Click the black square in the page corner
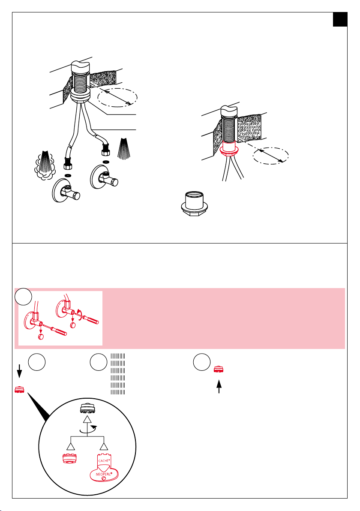point(340,19)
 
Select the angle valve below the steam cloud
point(66,189)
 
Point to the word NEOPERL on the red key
point(104,474)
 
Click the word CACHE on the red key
point(104,460)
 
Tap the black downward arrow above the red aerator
point(19,371)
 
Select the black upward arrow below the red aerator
point(219,386)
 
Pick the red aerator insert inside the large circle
point(69,458)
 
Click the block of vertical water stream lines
point(118,374)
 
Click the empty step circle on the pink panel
point(23,297)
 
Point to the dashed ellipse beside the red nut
point(271,156)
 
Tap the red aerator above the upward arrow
point(218,370)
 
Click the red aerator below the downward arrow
point(20,389)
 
